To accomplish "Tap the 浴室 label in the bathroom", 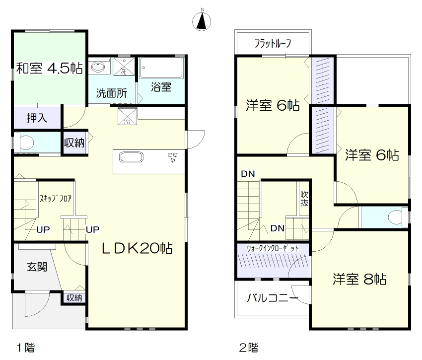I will (x=161, y=87).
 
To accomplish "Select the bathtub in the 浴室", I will (x=162, y=68).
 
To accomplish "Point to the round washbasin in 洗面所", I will (x=98, y=66).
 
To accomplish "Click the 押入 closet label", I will (x=37, y=118).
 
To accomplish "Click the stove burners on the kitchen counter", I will (x=173, y=156).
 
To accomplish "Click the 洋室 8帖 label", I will (x=359, y=279).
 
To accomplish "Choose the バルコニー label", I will (x=273, y=298).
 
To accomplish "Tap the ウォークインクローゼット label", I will (x=273, y=248).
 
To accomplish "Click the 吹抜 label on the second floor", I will (x=304, y=198).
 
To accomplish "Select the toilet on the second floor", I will (x=395, y=217).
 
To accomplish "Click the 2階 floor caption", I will (x=248, y=347).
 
